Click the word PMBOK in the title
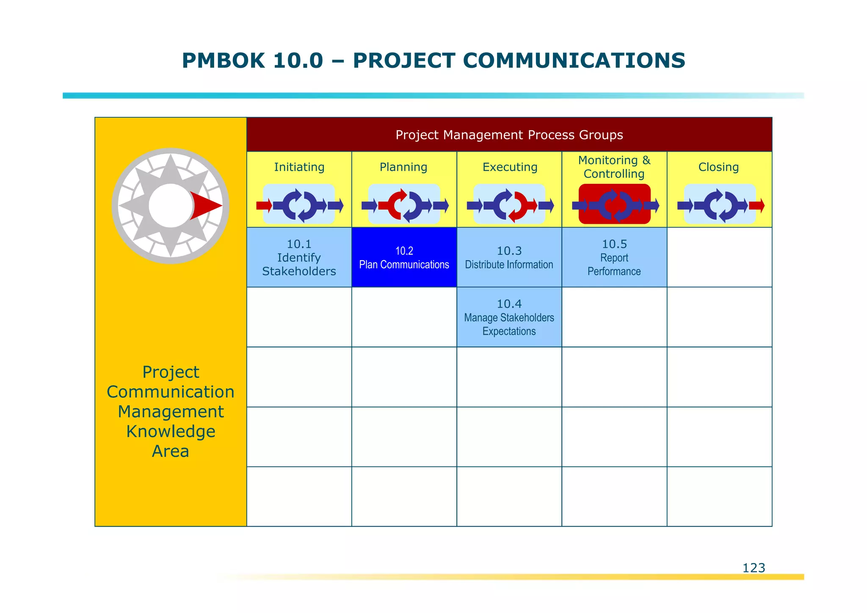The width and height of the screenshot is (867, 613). (x=223, y=60)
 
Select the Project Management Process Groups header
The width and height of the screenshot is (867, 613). (x=509, y=135)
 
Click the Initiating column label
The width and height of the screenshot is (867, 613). (x=299, y=167)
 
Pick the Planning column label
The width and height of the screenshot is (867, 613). (x=403, y=167)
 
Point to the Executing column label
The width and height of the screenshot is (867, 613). (x=510, y=167)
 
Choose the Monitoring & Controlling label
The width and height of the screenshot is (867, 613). (x=614, y=167)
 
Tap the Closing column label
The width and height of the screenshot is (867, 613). (x=718, y=167)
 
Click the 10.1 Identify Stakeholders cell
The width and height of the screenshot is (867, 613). (x=299, y=258)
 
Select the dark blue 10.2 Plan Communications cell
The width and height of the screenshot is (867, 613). (x=404, y=258)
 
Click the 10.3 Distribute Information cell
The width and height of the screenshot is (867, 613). (x=509, y=258)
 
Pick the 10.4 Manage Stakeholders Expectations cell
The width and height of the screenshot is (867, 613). (x=509, y=317)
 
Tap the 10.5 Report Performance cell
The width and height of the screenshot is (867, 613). (x=614, y=258)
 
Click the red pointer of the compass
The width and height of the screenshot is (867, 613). (x=204, y=206)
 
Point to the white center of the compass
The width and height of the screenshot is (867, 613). (x=169, y=206)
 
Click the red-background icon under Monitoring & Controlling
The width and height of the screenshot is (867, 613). (x=614, y=205)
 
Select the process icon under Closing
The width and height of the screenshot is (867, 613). (x=720, y=205)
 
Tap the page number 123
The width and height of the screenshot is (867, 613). (x=754, y=568)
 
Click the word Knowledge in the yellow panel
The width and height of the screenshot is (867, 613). (x=171, y=431)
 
